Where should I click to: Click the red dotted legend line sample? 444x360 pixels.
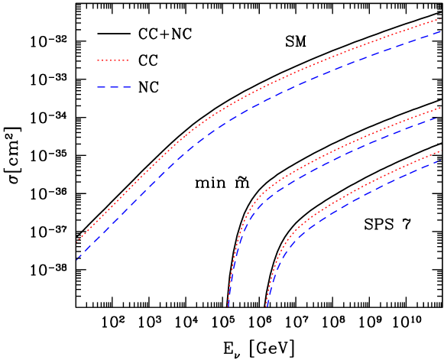tap(112, 60)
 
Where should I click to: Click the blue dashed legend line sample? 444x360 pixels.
tap(114, 87)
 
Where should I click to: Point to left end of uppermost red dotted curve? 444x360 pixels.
tap(77, 242)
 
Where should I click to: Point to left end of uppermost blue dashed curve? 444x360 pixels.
tap(77, 259)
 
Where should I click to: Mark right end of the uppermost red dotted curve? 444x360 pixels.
tap(441, 18)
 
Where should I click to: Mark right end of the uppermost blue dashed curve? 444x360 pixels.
tap(441, 31)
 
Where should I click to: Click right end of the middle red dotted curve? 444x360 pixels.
tap(441, 107)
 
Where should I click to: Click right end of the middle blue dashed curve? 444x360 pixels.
tap(441, 116)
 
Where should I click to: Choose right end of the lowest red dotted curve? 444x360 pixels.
tap(441, 151)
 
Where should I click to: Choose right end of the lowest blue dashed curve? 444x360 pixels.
tap(441, 161)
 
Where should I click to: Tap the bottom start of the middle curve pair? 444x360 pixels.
tap(228, 306)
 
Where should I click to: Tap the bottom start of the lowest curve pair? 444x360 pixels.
tap(267, 306)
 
